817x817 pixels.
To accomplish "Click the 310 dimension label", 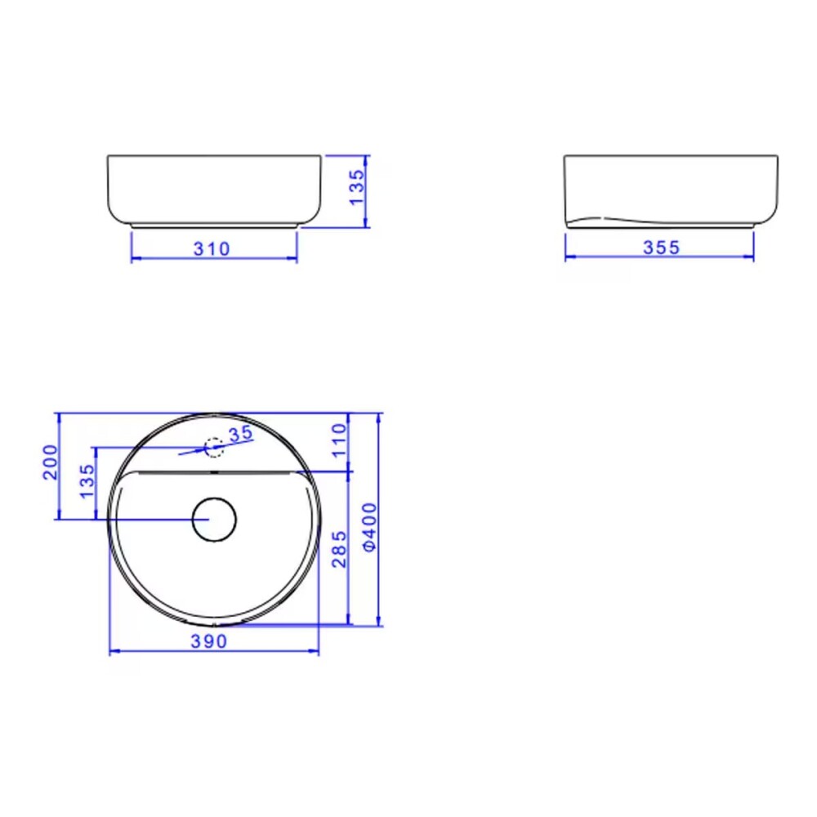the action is (212, 249).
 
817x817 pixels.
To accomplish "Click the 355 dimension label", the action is (661, 248).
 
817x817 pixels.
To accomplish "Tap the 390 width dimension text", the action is (208, 641).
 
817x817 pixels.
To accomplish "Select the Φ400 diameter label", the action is (369, 526).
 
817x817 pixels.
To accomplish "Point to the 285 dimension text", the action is (339, 549).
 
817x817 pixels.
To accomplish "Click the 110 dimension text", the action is (339, 440).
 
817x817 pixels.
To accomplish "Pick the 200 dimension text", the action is (50, 462).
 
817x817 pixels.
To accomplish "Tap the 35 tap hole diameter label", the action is (241, 434).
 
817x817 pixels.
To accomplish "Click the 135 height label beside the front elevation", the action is (357, 188).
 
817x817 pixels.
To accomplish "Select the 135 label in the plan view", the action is (87, 481).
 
